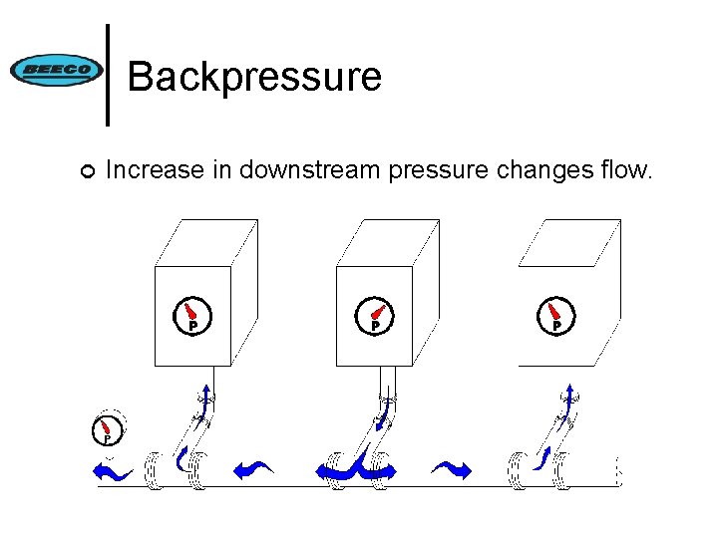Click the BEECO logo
tap(56, 70)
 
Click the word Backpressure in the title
tap(254, 76)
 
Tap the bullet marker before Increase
tap(87, 173)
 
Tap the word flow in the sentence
tap(628, 171)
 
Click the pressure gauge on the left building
tap(191, 315)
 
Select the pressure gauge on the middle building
tap(375, 315)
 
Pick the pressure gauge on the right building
tap(556, 315)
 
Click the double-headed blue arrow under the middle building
tap(357, 469)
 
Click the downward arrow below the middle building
tap(384, 418)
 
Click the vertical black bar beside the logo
tap(108, 75)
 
